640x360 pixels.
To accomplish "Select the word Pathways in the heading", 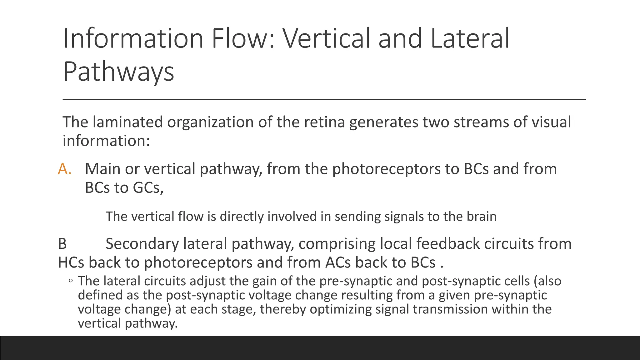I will coord(118,72).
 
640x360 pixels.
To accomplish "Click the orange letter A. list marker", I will coord(65,169).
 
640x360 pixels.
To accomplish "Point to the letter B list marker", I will coord(62,244).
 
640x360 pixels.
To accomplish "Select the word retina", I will coord(324,122).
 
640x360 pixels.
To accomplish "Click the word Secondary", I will coord(142,244).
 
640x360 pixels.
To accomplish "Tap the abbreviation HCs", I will coord(71,262).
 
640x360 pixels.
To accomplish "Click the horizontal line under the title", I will coord(324,100).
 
